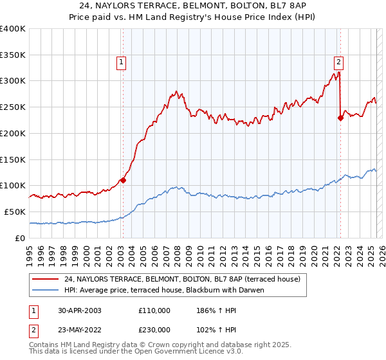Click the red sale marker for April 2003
123,180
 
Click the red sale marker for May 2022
340,117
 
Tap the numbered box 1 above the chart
121,62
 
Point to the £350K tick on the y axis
14,55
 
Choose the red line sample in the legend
45,279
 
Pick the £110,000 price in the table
154,310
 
